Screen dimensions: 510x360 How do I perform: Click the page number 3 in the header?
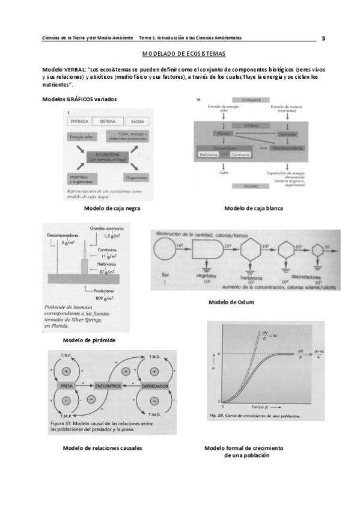[x=323, y=38]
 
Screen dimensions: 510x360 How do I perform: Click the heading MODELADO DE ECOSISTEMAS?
[x=180, y=54]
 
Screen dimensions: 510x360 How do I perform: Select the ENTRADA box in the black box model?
[x=80, y=121]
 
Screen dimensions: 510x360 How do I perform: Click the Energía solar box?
[x=81, y=137]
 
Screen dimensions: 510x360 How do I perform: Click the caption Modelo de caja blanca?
[x=253, y=208]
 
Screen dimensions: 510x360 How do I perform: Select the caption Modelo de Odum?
[x=231, y=302]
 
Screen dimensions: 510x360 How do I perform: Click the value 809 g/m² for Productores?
[x=105, y=298]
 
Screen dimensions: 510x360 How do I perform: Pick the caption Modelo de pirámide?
[x=89, y=340]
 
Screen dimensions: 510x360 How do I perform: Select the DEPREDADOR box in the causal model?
[x=154, y=385]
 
